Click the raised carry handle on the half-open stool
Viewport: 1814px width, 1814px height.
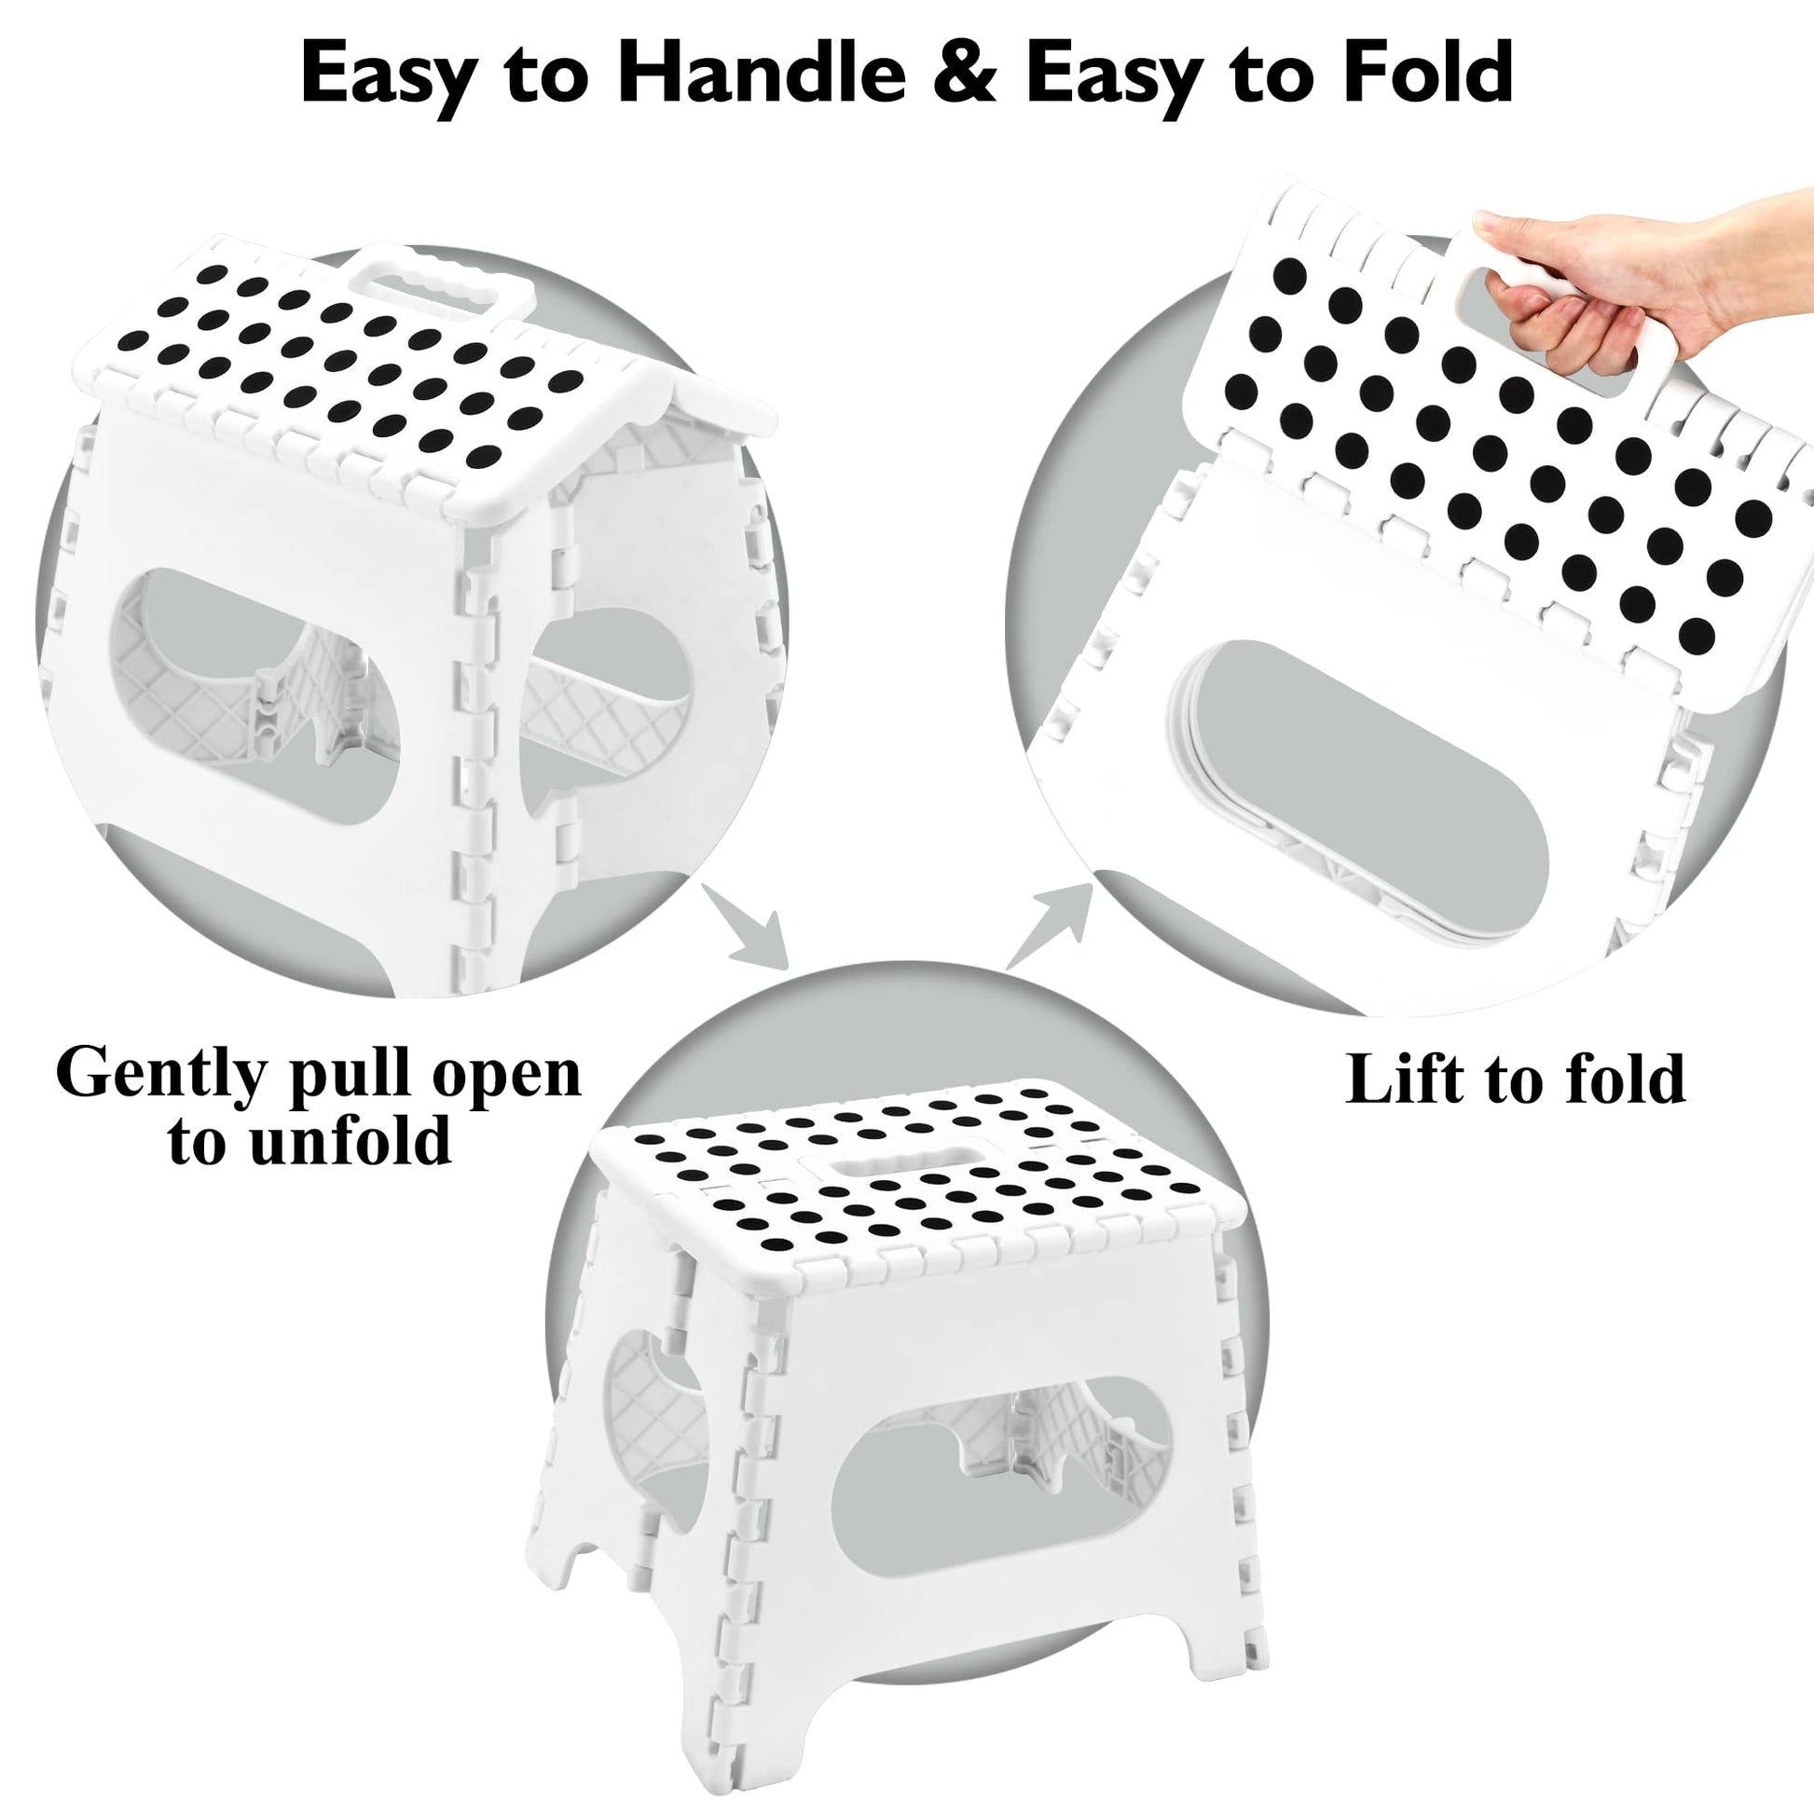pyautogui.click(x=441, y=282)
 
